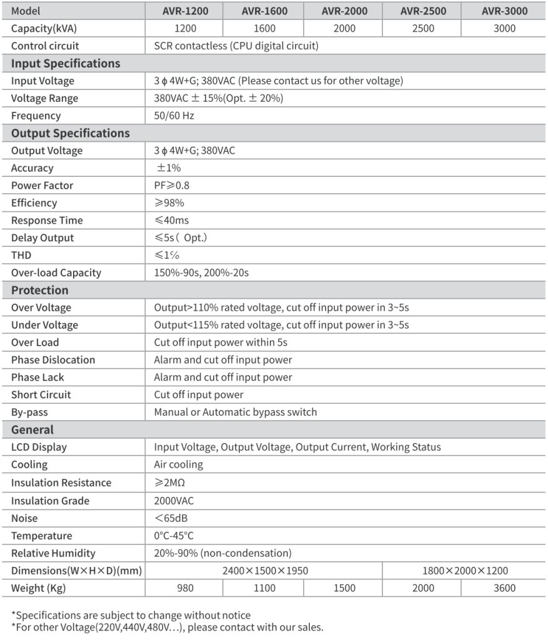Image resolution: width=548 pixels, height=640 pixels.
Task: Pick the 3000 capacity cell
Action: coord(504,29)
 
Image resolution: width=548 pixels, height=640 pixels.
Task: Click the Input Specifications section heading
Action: coord(66,64)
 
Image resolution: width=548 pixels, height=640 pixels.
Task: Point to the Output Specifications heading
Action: coord(71,133)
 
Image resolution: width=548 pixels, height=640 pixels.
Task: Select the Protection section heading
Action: coord(40,290)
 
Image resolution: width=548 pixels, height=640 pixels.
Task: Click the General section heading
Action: coord(32,429)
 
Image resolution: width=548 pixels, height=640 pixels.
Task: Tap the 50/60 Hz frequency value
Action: coord(170,116)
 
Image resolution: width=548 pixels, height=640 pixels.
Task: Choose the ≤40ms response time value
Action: coord(171,221)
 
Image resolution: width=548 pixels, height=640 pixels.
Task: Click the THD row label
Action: coord(21,255)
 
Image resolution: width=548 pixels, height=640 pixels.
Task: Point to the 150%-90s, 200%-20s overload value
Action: coord(204,272)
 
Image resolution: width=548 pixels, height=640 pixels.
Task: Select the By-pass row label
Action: coord(29,412)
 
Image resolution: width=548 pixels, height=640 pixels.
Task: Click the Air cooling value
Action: coord(179,464)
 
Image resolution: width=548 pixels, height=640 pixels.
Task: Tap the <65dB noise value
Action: coord(172,518)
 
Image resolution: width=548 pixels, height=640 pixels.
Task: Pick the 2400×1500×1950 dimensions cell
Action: coord(265,571)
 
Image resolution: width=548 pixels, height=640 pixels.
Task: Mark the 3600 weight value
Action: coord(504,588)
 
